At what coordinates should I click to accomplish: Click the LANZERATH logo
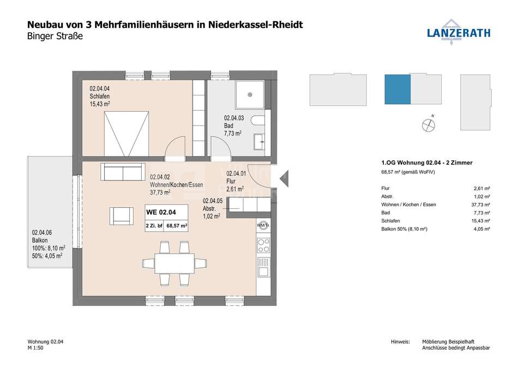(x=459, y=32)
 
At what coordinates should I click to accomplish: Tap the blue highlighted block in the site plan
(x=397, y=89)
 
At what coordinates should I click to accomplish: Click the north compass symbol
(x=429, y=124)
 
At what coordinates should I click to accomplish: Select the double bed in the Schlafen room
(x=126, y=134)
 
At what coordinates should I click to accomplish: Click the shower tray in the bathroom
(x=250, y=95)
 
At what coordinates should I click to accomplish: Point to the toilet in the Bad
(x=258, y=121)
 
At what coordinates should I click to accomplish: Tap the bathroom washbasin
(x=260, y=141)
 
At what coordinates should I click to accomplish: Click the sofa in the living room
(x=123, y=172)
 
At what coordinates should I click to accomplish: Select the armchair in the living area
(x=122, y=216)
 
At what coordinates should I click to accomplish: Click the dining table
(x=175, y=263)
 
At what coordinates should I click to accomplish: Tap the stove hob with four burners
(x=263, y=245)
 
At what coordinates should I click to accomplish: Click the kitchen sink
(x=263, y=267)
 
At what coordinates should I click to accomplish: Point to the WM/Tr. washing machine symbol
(x=263, y=226)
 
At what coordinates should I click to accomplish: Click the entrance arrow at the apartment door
(x=284, y=179)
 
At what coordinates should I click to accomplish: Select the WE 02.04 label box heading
(x=161, y=212)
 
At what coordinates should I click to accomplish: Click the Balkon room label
(x=40, y=240)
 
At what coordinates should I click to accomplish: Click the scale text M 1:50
(x=35, y=348)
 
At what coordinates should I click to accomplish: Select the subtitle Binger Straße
(x=55, y=36)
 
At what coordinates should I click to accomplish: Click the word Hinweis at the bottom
(x=400, y=342)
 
